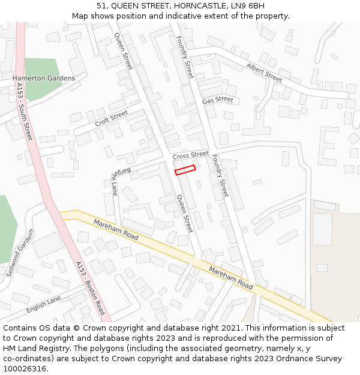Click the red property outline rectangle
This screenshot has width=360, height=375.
click(185, 170)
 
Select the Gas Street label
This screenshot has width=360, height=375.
click(217, 100)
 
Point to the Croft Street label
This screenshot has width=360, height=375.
click(111, 118)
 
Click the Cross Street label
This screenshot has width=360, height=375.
click(190, 155)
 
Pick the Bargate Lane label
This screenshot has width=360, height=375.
click(113, 182)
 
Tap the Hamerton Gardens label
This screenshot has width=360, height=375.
click(44, 78)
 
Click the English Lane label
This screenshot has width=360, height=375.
click(44, 304)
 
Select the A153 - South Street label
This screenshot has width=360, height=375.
click(25, 112)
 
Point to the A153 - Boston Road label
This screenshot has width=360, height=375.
click(91, 288)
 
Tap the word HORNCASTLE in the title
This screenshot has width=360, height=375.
click(202, 5)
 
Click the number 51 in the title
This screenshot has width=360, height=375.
click(102, 5)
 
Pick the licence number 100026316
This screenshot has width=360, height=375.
click(25, 369)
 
